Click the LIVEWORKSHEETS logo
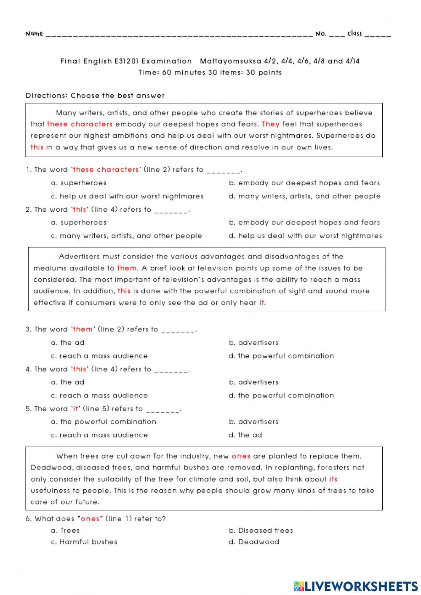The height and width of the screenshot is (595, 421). coord(356,586)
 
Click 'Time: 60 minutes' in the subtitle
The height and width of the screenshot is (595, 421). coord(172,72)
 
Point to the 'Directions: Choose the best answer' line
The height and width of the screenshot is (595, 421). coord(95,96)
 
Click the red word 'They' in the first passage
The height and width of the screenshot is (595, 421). coord(270,124)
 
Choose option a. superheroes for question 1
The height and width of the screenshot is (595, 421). coord(79,183)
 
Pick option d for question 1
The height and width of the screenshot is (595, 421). coord(304,196)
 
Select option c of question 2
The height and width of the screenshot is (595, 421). coord(126,236)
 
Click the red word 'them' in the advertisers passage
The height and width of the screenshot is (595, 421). coord(127,268)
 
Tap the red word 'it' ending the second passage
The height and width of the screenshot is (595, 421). coord(261,303)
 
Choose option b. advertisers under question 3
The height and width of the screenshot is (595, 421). coord(253,343)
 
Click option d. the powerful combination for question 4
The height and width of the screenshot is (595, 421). coord(281,395)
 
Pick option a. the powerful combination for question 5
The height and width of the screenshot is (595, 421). coord(104,422)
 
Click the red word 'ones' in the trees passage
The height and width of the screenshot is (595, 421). coord(241,456)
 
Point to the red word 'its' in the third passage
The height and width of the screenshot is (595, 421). coord(333,479)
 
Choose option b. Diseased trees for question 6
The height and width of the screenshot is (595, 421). coord(261,531)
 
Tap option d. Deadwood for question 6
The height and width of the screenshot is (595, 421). coord(254,542)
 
